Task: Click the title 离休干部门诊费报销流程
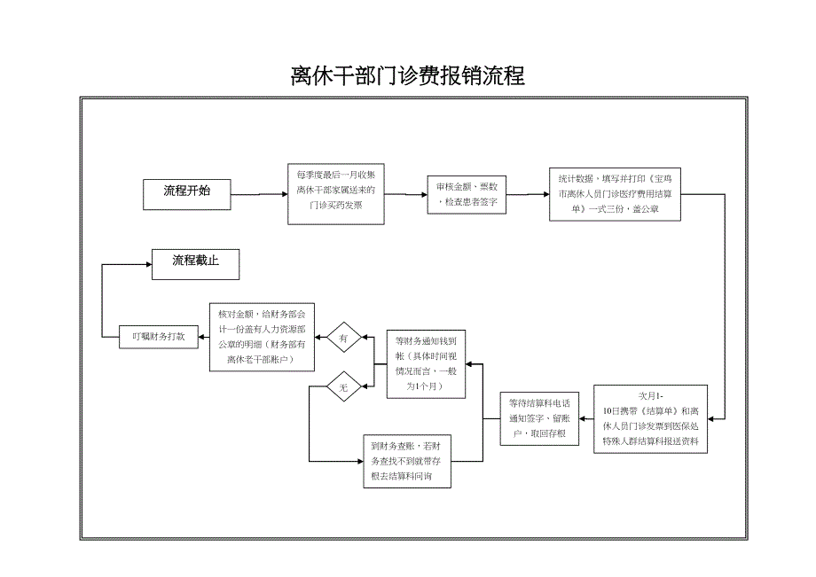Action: [407, 76]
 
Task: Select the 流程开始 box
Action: [186, 191]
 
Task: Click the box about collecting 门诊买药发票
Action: [335, 193]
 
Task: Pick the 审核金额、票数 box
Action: [467, 195]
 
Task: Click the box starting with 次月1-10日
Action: [650, 418]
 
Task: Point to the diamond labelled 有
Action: [344, 338]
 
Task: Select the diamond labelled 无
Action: [344, 387]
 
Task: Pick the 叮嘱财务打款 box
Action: [158, 336]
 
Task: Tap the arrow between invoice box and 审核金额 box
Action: [405, 194]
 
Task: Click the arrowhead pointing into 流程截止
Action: [144, 263]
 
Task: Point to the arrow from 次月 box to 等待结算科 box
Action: [586, 418]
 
